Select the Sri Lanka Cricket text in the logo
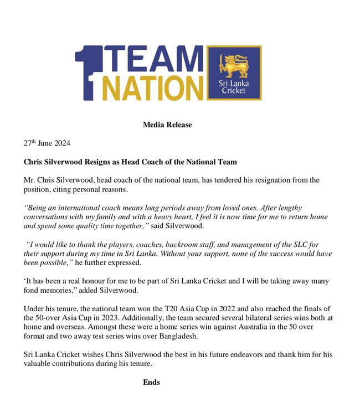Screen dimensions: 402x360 tap(234, 87)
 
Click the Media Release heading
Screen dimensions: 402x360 tap(167, 125)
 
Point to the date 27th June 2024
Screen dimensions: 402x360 tap(47, 143)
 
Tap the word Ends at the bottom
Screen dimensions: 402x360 tap(151, 382)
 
